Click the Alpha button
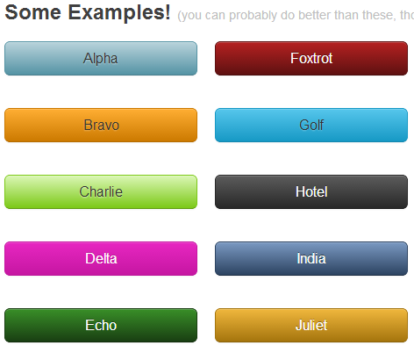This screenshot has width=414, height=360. [x=100, y=59]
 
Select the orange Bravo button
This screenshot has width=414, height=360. [x=100, y=125]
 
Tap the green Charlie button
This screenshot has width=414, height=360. [x=100, y=191]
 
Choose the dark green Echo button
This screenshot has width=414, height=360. [x=100, y=325]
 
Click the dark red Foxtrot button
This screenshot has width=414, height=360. [x=310, y=59]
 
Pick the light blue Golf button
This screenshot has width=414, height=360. [x=310, y=125]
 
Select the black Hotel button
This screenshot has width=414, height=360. [x=310, y=191]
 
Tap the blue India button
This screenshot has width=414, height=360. [x=310, y=258]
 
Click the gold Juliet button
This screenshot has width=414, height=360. [x=310, y=325]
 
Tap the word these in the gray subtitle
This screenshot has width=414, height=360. [x=382, y=16]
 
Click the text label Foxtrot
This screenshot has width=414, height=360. [x=311, y=59]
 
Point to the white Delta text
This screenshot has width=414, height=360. [x=101, y=258]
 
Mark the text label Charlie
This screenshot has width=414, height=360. [x=101, y=191]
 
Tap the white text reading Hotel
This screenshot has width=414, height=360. [x=311, y=191]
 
